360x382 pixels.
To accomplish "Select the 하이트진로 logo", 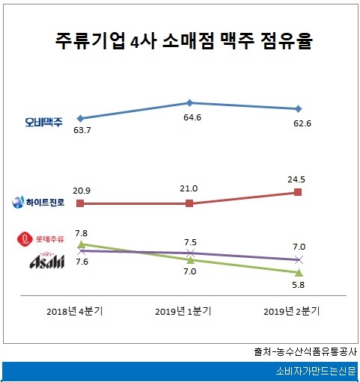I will click(x=39, y=201).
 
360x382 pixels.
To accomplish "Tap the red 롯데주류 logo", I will click(x=42, y=239).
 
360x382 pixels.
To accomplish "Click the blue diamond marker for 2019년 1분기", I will click(x=189, y=102).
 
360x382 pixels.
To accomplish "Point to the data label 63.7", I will click(x=80, y=132).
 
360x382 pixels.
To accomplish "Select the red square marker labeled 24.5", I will click(x=299, y=192).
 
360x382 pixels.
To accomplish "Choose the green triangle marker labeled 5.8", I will click(x=299, y=272).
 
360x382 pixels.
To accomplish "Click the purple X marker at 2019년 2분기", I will click(x=299, y=259).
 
